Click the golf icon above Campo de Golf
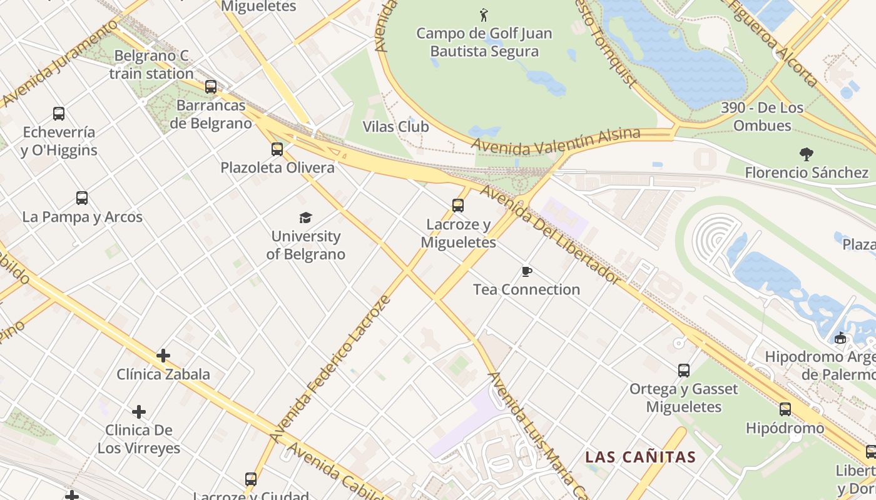(484, 14)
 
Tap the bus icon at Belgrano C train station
(211, 87)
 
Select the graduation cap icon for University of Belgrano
(305, 217)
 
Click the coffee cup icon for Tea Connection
(527, 271)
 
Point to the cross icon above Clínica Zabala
(163, 356)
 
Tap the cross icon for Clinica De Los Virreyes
(139, 412)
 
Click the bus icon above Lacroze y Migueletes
(458, 205)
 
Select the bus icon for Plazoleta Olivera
(277, 149)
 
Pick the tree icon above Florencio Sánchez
(807, 154)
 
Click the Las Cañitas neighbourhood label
(641, 457)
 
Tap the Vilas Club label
(396, 127)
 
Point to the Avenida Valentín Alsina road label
(556, 141)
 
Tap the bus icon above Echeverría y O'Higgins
(59, 114)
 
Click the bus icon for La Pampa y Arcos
(82, 198)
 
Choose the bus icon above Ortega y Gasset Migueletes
(684, 371)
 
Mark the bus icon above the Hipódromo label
(785, 409)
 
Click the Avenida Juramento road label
(59, 62)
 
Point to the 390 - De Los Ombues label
(762, 116)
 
